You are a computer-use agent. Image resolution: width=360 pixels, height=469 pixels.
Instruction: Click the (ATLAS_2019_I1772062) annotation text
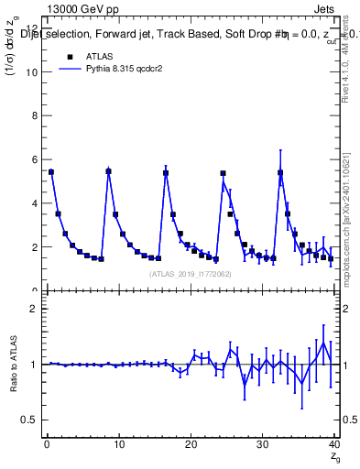coord(190,273)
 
